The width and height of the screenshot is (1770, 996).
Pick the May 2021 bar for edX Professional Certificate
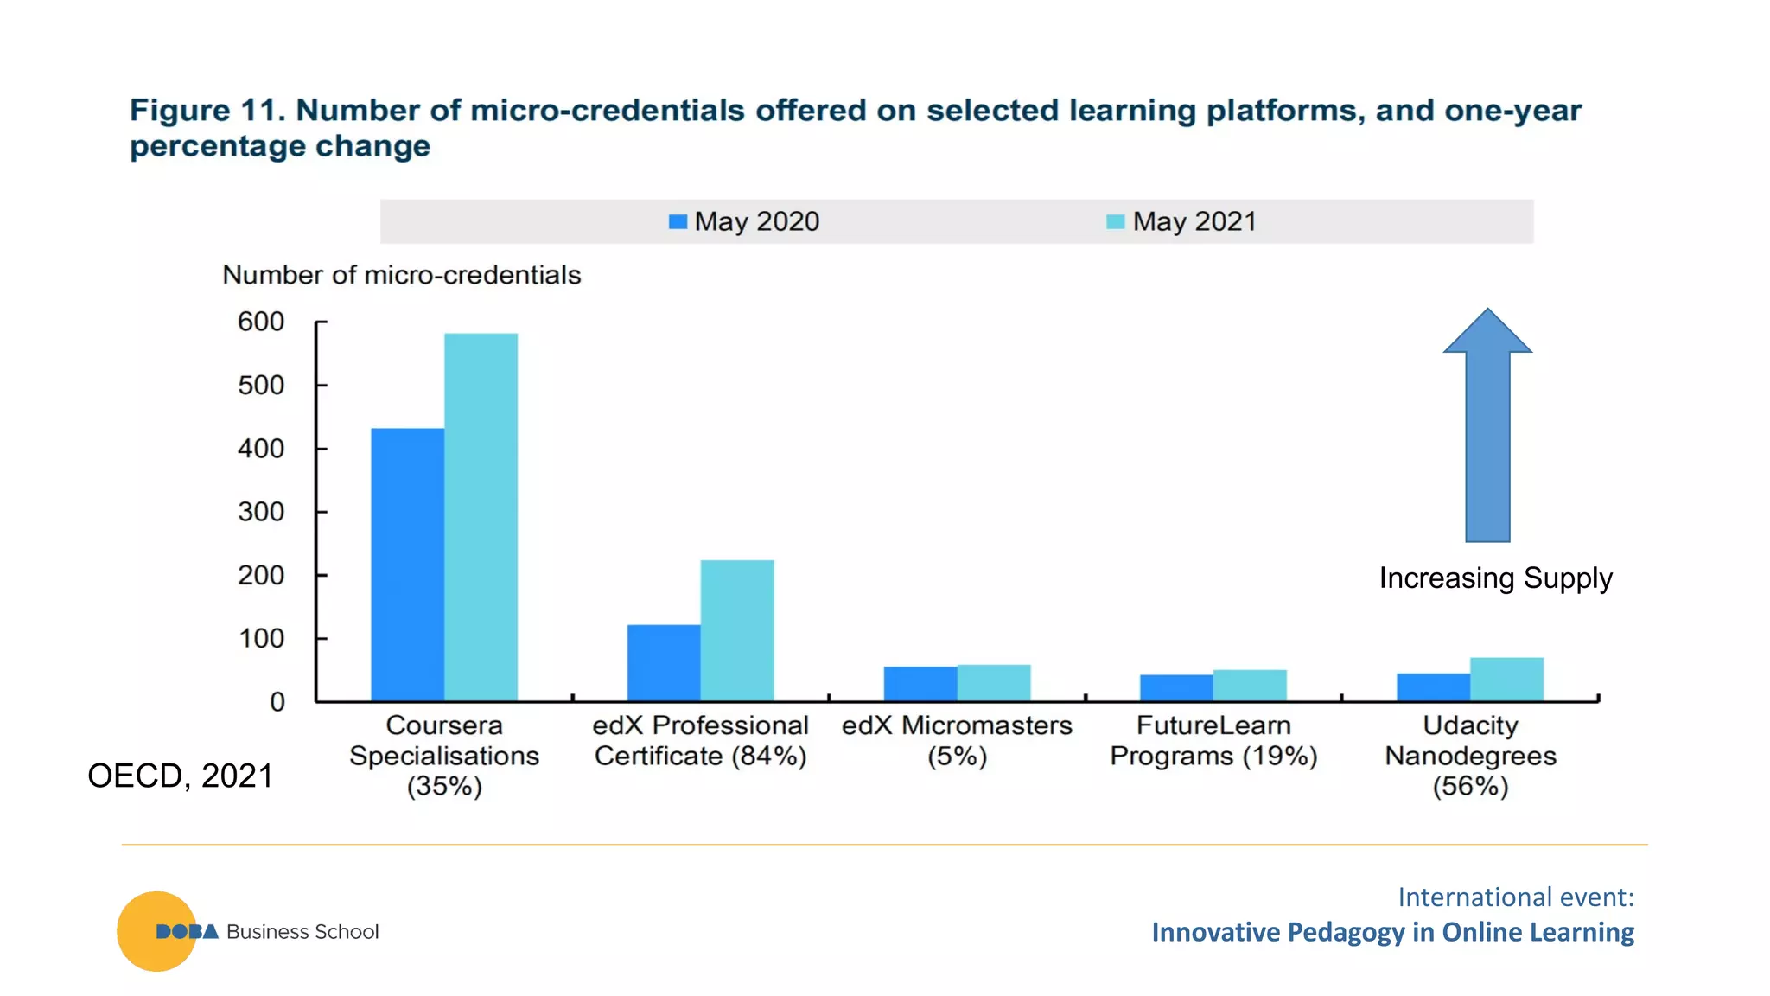[x=736, y=630]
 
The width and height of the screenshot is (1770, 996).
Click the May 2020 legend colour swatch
[x=678, y=222]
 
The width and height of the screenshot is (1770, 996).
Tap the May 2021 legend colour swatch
[x=1115, y=222]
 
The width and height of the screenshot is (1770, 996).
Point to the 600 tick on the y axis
[x=261, y=322]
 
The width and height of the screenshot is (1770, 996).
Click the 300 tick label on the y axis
[x=261, y=512]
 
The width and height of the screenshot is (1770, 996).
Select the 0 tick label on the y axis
[x=277, y=701]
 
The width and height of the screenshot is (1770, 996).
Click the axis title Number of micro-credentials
[x=401, y=275]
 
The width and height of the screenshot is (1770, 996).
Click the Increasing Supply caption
[x=1495, y=578]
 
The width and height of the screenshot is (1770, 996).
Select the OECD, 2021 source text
[x=180, y=776]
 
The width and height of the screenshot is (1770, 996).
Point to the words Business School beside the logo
[x=302, y=931]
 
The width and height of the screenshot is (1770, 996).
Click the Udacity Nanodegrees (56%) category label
[x=1470, y=756]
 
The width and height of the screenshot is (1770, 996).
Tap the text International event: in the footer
[x=1515, y=897]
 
